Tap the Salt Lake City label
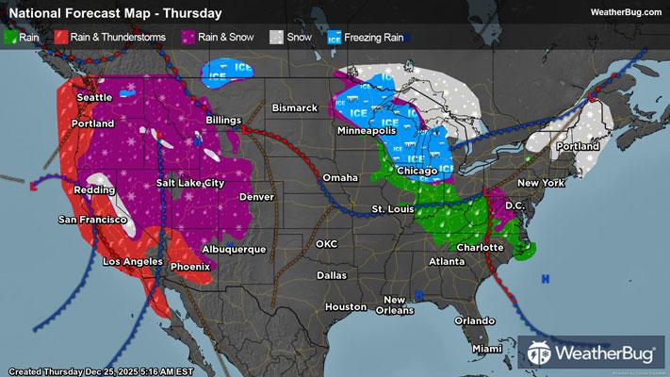tap(190, 182)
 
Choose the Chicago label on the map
tap(417, 170)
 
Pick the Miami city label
tap(488, 349)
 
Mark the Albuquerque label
tap(236, 249)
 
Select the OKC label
tap(326, 243)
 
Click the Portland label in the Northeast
tap(577, 147)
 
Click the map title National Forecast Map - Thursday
tap(114, 13)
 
